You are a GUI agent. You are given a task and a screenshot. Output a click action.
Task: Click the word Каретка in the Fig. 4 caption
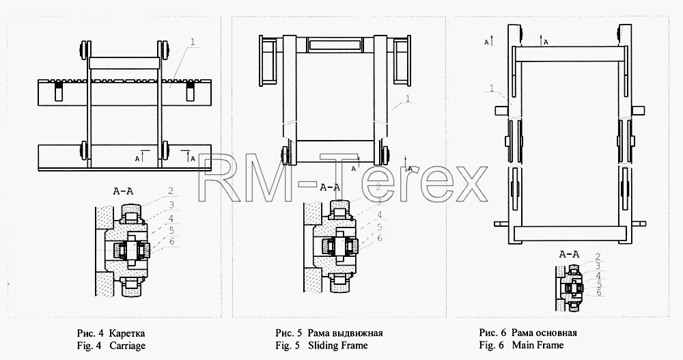click(x=127, y=333)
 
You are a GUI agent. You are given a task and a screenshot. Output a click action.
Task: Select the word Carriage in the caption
click(x=128, y=346)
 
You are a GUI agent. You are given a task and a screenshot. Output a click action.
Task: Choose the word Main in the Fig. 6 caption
click(x=522, y=345)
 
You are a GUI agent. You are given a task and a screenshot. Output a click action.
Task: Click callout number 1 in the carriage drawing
click(x=193, y=42)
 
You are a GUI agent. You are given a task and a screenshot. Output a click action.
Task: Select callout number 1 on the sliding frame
click(x=408, y=99)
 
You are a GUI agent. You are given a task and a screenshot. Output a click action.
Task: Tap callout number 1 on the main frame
click(x=492, y=89)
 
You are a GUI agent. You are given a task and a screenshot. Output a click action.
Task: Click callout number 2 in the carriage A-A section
click(x=171, y=191)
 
